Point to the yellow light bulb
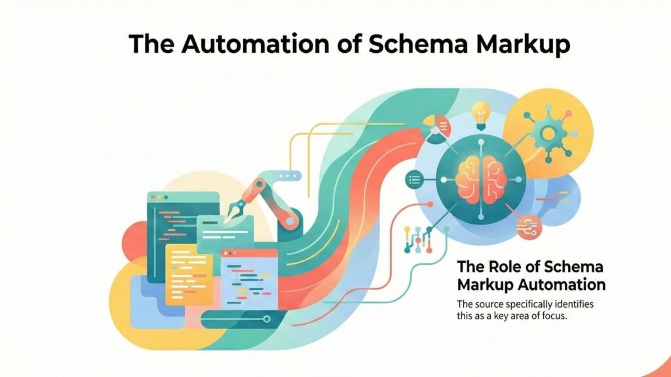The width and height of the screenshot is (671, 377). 482,112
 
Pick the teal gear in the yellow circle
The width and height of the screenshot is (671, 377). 549,132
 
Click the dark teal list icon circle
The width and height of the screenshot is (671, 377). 414,178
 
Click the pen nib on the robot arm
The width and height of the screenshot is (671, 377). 235,211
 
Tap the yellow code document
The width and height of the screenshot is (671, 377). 188,273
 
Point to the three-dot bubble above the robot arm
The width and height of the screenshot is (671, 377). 286,175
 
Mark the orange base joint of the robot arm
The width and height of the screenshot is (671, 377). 290,216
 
